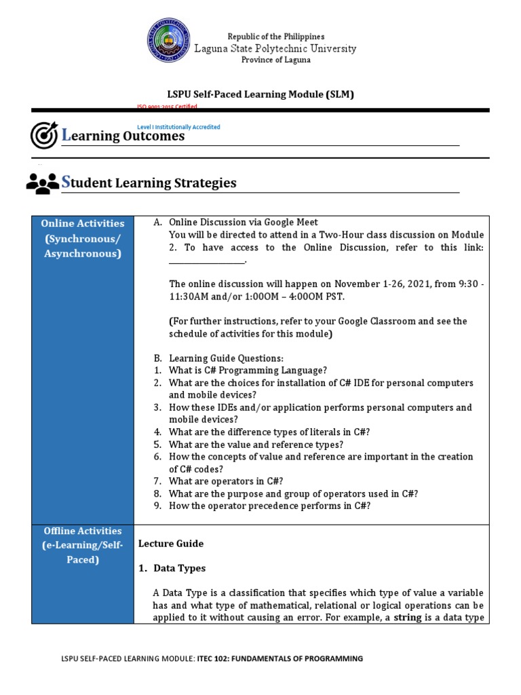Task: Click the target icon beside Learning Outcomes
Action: click(44, 134)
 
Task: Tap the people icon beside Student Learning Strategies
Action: click(42, 183)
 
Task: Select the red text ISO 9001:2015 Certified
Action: click(167, 107)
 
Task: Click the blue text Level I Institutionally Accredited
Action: click(178, 127)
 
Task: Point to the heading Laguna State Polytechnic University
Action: click(275, 48)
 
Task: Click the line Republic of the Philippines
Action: click(275, 36)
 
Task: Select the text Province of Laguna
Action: click(275, 60)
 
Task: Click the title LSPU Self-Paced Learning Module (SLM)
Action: click(260, 94)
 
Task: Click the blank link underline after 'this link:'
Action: click(206, 261)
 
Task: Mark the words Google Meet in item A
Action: click(291, 223)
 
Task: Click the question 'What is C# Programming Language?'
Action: click(248, 371)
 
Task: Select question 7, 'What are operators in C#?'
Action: click(227, 481)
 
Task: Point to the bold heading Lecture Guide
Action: click(171, 544)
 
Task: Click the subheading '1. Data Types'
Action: click(179, 568)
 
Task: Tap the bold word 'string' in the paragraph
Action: click(408, 617)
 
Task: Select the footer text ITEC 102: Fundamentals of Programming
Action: click(280, 658)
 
